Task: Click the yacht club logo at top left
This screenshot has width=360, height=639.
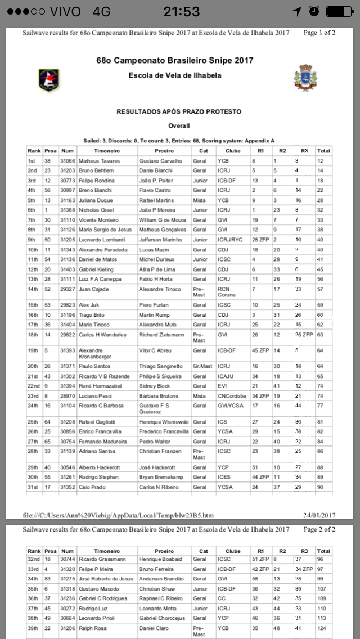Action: coord(48,80)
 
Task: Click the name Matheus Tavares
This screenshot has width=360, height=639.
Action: coord(99,161)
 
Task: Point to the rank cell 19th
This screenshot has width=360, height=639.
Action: coord(34,350)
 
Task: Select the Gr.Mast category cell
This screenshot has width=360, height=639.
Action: coord(201,366)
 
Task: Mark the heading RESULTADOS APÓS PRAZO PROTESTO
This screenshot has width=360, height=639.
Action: coord(179,112)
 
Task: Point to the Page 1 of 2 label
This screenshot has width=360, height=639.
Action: coord(319,33)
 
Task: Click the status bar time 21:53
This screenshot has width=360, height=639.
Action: coord(181,12)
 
